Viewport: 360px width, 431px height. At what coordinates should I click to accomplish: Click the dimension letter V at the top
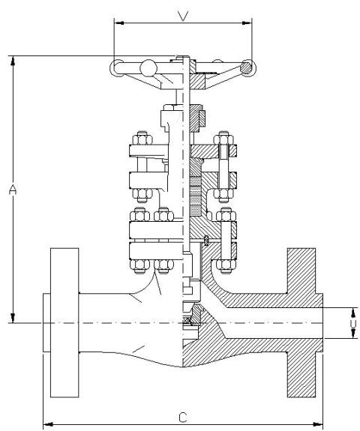pyautogui.click(x=183, y=16)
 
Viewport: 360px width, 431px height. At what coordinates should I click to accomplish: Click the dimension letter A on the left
pyautogui.click(x=13, y=190)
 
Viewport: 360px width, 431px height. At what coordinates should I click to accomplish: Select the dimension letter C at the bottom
pyautogui.click(x=183, y=418)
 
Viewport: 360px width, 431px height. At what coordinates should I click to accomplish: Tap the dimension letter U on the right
pyautogui.click(x=354, y=323)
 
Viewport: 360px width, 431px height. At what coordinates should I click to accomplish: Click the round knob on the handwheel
pyautogui.click(x=148, y=68)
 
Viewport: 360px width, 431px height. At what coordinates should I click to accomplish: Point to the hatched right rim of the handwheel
pyautogui.click(x=247, y=67)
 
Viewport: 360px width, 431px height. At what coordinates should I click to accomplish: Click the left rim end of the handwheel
pyautogui.click(x=116, y=68)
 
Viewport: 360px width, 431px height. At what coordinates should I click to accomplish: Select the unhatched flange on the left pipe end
pyautogui.click(x=64, y=323)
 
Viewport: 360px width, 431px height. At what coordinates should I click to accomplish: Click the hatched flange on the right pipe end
pyautogui.click(x=301, y=323)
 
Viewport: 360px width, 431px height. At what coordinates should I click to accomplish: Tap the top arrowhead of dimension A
pyautogui.click(x=13, y=61)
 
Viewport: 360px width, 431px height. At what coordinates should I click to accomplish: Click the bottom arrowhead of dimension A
pyautogui.click(x=13, y=318)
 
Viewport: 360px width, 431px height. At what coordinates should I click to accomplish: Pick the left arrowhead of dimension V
pyautogui.click(x=118, y=23)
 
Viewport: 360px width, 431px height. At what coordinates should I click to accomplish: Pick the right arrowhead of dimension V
pyautogui.click(x=247, y=23)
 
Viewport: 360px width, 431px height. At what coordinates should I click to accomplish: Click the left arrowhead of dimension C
pyautogui.click(x=48, y=424)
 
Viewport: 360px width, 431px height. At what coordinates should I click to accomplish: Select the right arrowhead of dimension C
pyautogui.click(x=318, y=424)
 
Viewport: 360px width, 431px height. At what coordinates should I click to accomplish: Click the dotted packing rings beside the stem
pyautogui.click(x=195, y=196)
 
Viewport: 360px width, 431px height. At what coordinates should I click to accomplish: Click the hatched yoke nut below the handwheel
pyautogui.click(x=197, y=118)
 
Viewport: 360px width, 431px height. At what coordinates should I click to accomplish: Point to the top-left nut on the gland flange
pyautogui.click(x=142, y=138)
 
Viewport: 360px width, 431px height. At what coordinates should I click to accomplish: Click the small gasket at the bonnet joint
pyautogui.click(x=206, y=240)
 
